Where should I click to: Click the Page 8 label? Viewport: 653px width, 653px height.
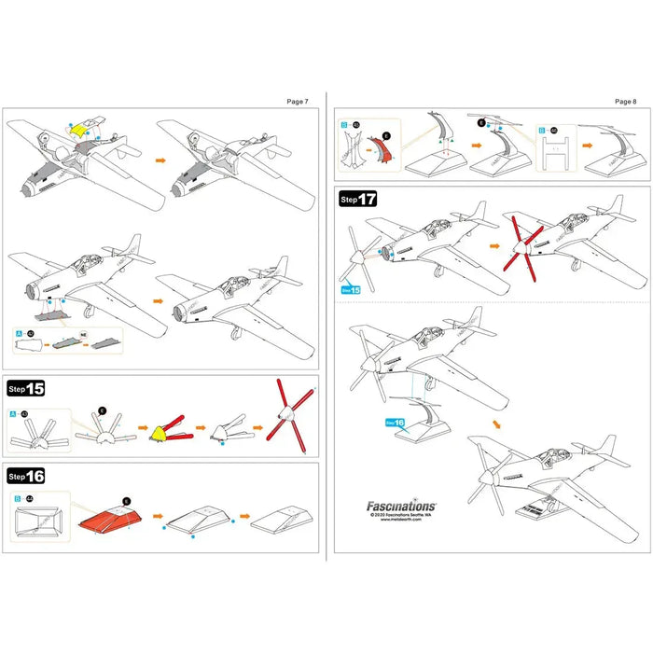point(625,101)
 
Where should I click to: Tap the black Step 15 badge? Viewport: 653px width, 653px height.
point(27,387)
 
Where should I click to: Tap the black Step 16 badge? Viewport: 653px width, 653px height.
point(27,476)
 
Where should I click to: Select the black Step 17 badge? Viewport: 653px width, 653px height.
point(358,199)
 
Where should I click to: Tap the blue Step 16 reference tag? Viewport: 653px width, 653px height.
point(396,422)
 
